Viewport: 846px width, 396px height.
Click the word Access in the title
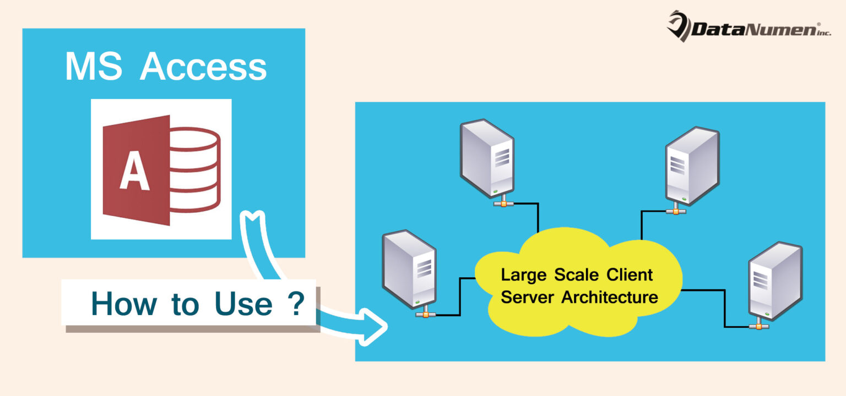tap(203, 68)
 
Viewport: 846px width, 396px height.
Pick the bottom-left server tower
tap(409, 269)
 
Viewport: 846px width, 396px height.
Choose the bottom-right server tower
tap(774, 280)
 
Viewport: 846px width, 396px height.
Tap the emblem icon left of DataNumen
tap(678, 25)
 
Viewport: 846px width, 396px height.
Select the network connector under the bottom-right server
tap(758, 326)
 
